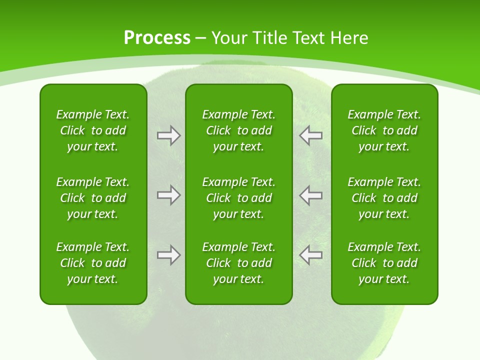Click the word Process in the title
click(x=157, y=38)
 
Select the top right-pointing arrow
click(x=168, y=135)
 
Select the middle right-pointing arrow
click(x=168, y=195)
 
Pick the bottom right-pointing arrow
click(x=168, y=255)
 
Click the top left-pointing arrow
click(x=310, y=135)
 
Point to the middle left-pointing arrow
click(x=310, y=195)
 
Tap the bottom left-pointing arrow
click(x=310, y=255)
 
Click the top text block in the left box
click(x=93, y=130)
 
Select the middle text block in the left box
click(x=93, y=198)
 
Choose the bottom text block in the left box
click(x=93, y=263)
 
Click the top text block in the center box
click(x=238, y=130)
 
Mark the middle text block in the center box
click(x=238, y=198)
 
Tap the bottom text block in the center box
click(x=238, y=263)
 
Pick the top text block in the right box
click(x=384, y=130)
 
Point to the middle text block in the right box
click(x=384, y=198)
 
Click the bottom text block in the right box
click(x=384, y=263)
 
